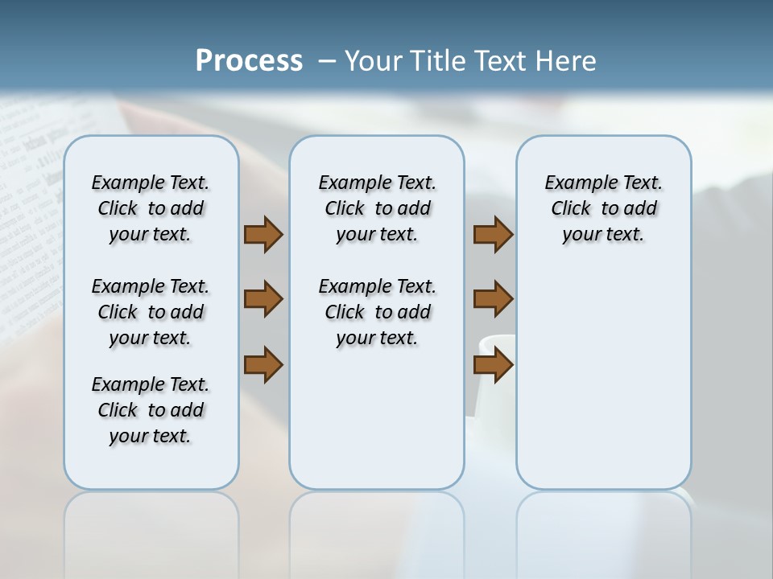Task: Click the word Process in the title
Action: pyautogui.click(x=249, y=61)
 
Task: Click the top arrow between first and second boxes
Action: pyautogui.click(x=263, y=234)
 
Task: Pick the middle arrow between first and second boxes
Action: pyautogui.click(x=263, y=299)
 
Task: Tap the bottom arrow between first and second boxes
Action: pyautogui.click(x=263, y=364)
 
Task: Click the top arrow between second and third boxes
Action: pyautogui.click(x=493, y=234)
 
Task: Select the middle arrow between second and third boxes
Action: pyautogui.click(x=493, y=299)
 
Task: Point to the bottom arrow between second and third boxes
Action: pyautogui.click(x=493, y=364)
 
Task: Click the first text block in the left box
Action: pyautogui.click(x=151, y=208)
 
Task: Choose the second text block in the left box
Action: pyautogui.click(x=151, y=312)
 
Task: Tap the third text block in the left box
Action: pyautogui.click(x=151, y=410)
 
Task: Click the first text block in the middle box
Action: pyautogui.click(x=377, y=208)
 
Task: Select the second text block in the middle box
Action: pyautogui.click(x=377, y=312)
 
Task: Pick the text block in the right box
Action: pyautogui.click(x=603, y=208)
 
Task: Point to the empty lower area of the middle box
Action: pyautogui.click(x=377, y=418)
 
